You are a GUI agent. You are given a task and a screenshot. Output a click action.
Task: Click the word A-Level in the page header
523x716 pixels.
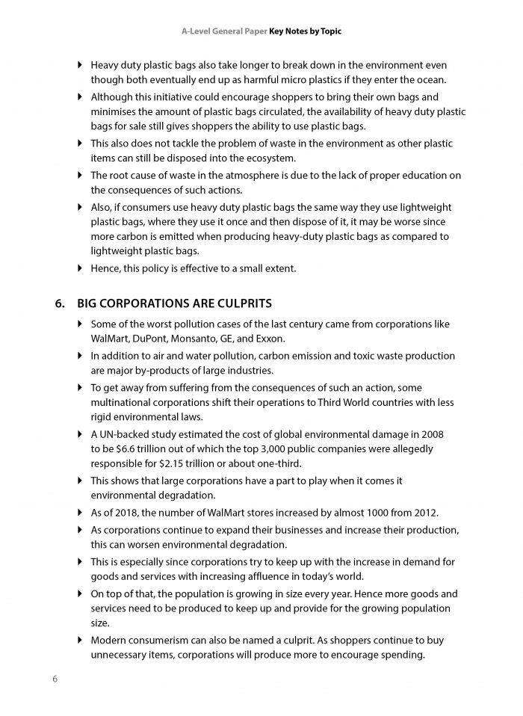199,33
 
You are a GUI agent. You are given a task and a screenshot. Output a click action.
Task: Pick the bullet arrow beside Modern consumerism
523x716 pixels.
81,641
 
